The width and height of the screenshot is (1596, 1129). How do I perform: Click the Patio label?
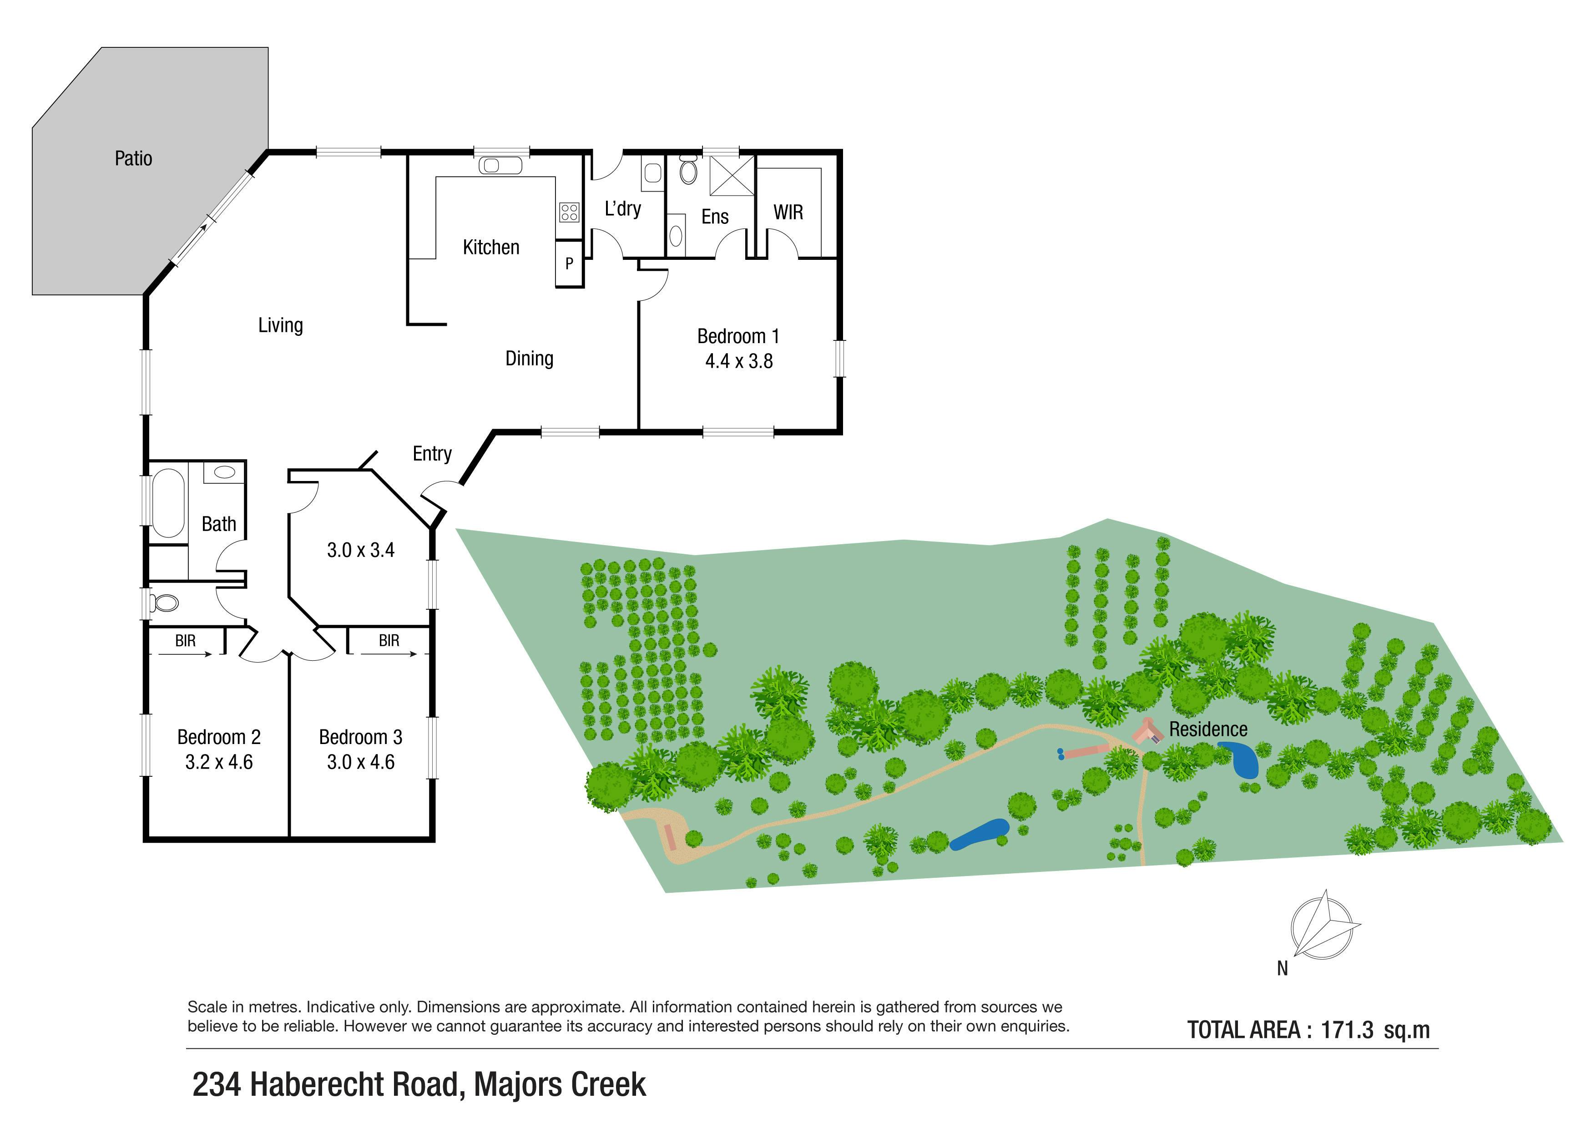pos(133,158)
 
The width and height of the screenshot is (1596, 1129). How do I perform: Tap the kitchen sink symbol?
pos(500,166)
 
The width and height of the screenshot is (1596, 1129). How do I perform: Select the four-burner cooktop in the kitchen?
pos(569,211)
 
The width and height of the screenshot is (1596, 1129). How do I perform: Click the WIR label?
pos(788,213)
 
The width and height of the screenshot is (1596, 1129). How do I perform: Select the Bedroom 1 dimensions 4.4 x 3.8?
pos(739,361)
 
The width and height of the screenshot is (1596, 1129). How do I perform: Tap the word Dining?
pos(529,359)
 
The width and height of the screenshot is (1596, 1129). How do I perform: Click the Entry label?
pos(432,454)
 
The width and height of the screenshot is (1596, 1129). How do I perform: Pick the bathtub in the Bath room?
pos(167,503)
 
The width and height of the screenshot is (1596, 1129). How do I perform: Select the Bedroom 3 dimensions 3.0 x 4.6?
pos(361,763)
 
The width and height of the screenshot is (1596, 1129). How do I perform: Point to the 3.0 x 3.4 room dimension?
pos(361,551)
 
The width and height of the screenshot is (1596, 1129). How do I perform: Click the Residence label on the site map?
pos(1208,729)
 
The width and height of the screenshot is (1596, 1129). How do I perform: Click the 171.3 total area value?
pos(1347,1030)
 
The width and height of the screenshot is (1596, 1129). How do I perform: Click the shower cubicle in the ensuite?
pos(731,176)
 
